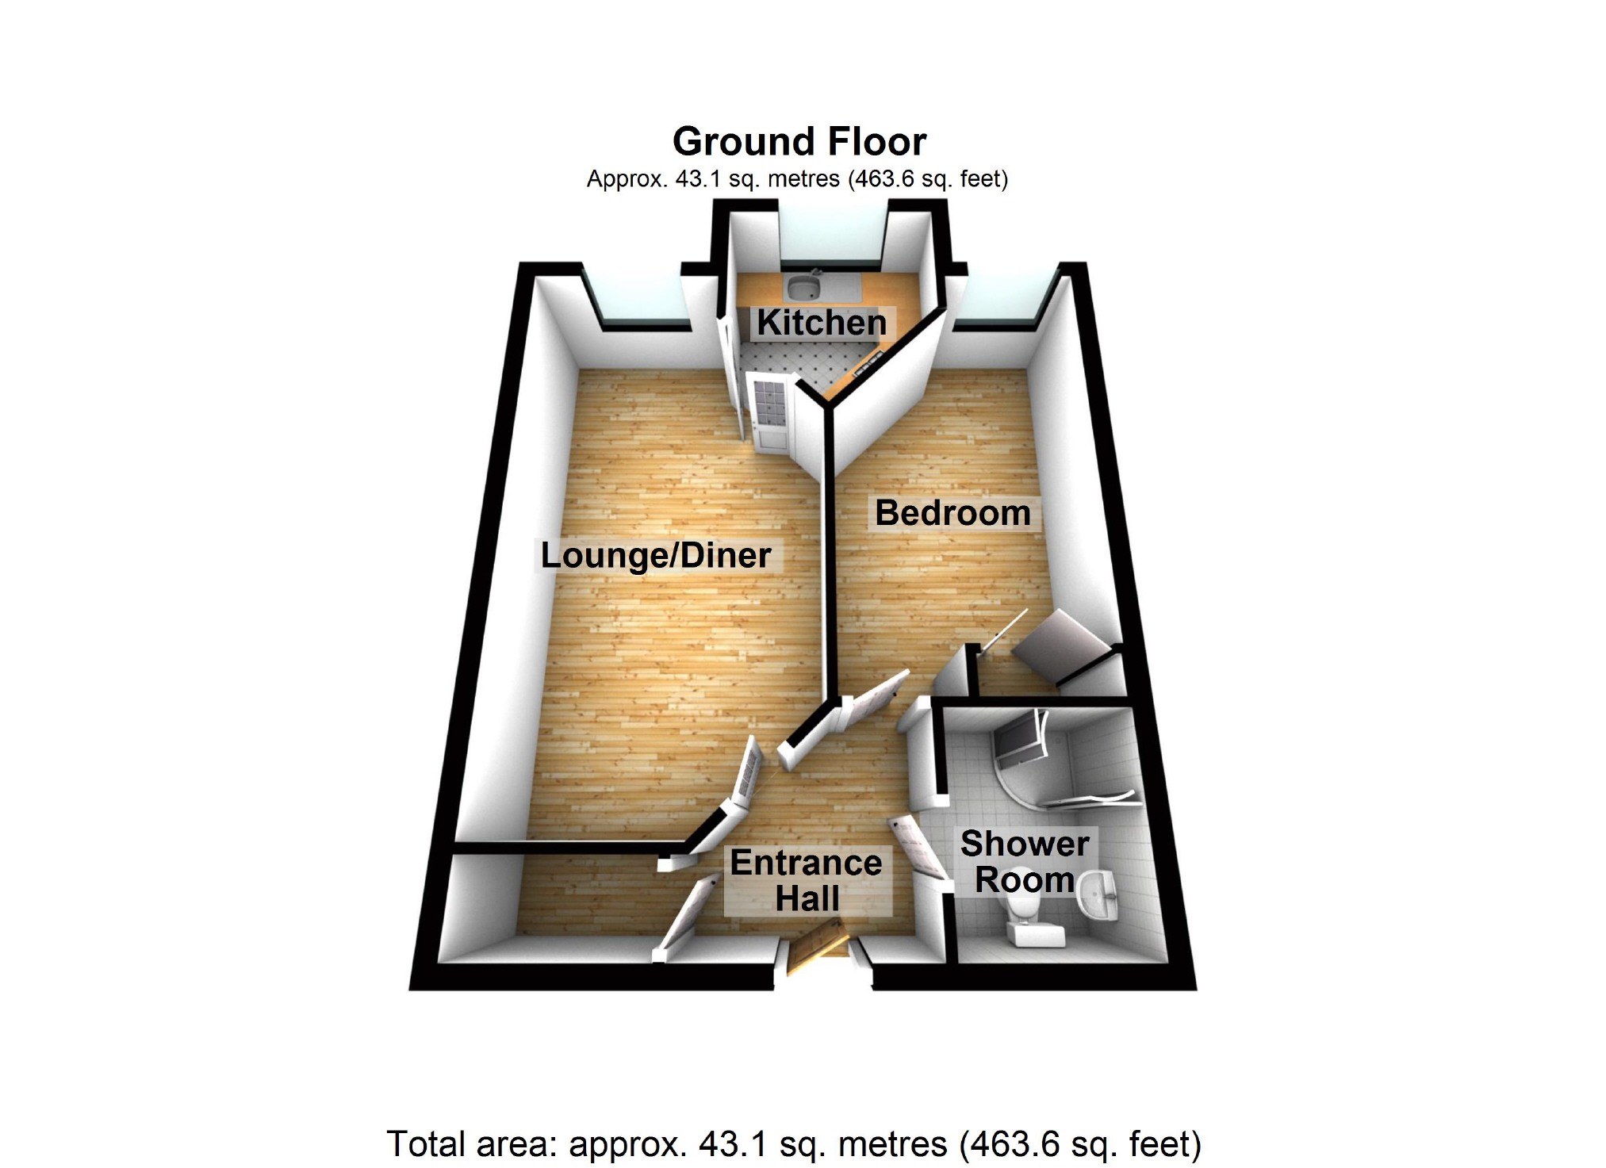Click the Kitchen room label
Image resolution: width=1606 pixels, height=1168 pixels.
click(x=822, y=324)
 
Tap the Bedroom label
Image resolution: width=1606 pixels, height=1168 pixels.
click(x=952, y=513)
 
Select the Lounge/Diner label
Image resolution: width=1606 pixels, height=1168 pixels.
click(x=656, y=556)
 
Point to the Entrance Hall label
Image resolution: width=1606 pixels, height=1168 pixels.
click(x=807, y=880)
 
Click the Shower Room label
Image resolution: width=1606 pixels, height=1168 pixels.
click(x=1025, y=862)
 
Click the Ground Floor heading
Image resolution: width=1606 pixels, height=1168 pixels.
click(x=799, y=142)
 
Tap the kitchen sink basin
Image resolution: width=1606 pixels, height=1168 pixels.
click(x=804, y=286)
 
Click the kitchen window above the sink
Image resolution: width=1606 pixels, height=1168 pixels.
click(x=833, y=234)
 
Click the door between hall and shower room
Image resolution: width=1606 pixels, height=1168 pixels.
click(x=920, y=848)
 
